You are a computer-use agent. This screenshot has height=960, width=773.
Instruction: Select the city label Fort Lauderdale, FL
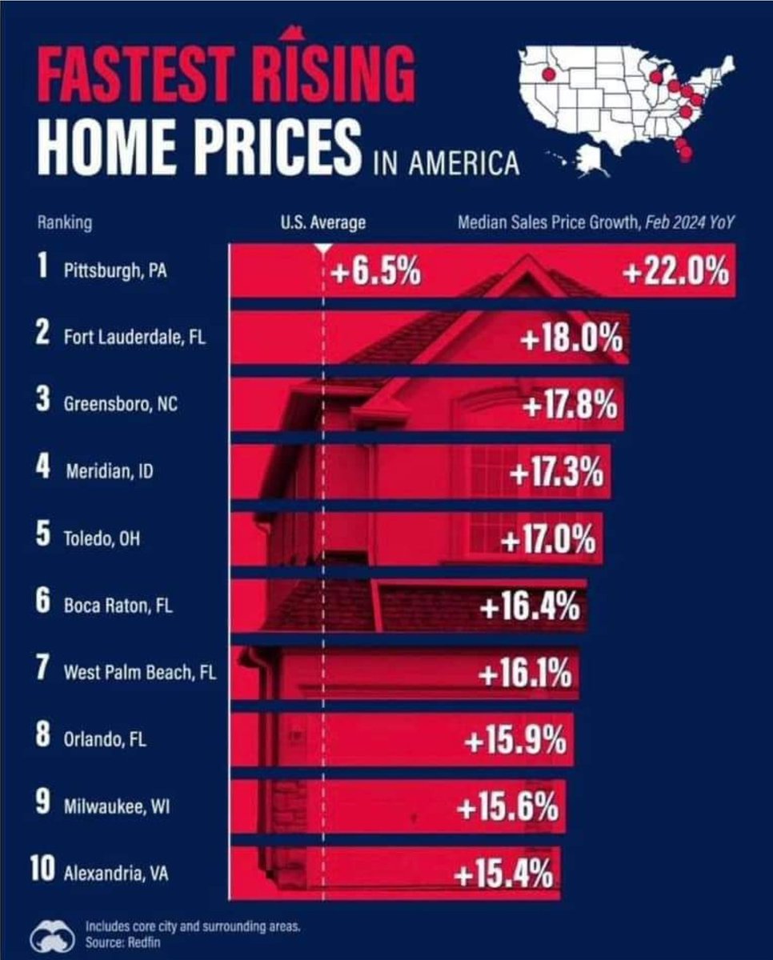[x=134, y=338]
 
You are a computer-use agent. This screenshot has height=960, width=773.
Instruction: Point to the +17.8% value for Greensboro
[x=570, y=406]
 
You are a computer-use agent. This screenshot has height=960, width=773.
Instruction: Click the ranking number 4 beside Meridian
[x=44, y=470]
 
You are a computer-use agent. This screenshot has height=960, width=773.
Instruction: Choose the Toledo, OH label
[x=102, y=538]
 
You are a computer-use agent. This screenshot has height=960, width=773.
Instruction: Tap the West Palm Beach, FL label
[x=139, y=673]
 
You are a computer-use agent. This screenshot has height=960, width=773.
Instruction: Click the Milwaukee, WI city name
[x=116, y=806]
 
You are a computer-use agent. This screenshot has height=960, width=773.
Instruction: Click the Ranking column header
[x=64, y=223]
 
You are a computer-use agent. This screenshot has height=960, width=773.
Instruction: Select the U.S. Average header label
[x=323, y=223]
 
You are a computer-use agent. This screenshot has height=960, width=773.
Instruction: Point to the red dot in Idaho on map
[x=548, y=74]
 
